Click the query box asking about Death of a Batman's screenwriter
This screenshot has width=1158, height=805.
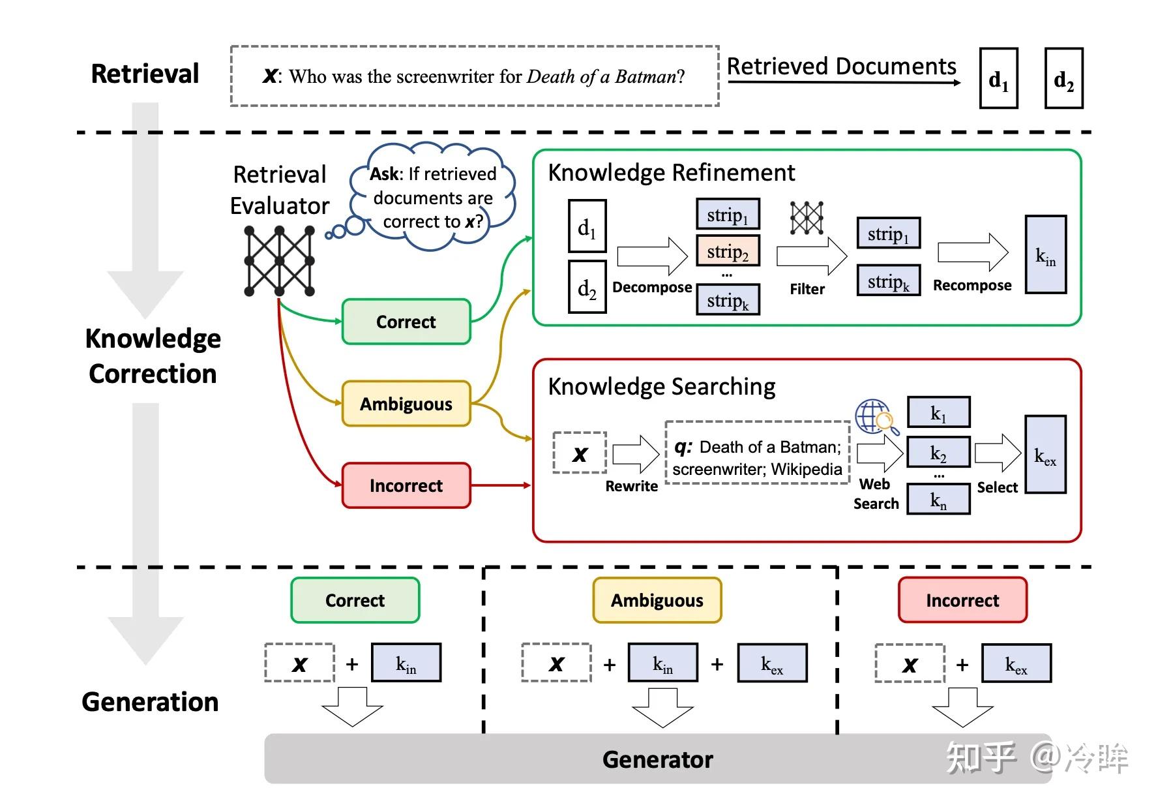(474, 76)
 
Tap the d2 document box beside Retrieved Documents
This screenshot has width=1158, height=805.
(1063, 78)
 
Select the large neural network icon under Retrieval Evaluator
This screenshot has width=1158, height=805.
(279, 261)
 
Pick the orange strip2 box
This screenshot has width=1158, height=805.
(728, 251)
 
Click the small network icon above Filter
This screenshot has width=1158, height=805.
(807, 217)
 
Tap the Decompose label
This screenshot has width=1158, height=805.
(652, 288)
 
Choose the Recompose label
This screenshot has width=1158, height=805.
(972, 286)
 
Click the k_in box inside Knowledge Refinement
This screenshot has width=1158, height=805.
(1045, 255)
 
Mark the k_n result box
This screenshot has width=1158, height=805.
(938, 500)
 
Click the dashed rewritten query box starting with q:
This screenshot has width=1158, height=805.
(757, 453)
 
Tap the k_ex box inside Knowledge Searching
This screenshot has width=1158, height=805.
(1045, 455)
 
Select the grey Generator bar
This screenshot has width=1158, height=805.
(657, 759)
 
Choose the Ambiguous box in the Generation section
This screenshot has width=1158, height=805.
(657, 600)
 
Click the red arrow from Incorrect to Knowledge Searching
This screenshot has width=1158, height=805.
(501, 485)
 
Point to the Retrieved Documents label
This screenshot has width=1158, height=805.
(841, 67)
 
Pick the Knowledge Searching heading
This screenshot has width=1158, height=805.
(661, 387)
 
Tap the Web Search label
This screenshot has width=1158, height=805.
(876, 494)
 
